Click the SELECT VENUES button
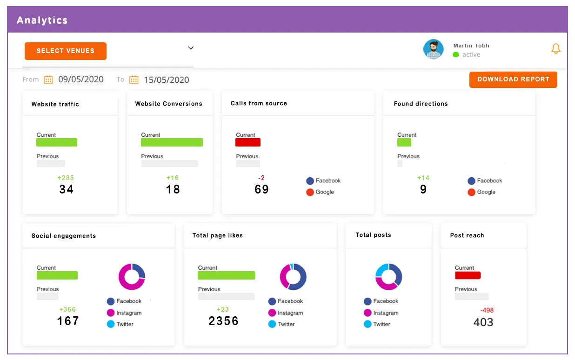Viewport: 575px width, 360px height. tap(65, 51)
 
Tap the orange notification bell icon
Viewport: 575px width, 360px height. tap(555, 48)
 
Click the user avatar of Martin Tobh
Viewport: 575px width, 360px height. tap(433, 49)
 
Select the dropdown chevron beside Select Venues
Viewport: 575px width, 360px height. tap(190, 48)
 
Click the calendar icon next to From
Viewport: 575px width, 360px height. tap(48, 80)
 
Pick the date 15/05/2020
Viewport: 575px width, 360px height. tap(166, 80)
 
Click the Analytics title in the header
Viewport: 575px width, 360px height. tap(42, 20)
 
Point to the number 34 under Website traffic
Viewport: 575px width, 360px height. tap(66, 189)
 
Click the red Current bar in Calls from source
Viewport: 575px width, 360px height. tap(248, 142)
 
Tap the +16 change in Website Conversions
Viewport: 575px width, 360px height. tap(172, 178)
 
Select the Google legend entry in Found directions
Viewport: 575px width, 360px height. tap(481, 192)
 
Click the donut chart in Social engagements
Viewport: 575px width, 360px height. tap(132, 277)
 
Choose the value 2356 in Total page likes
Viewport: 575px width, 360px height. tap(223, 321)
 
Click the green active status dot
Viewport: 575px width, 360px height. tap(456, 55)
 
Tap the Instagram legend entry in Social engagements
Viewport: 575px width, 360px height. tap(124, 313)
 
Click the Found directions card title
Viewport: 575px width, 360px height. tap(421, 104)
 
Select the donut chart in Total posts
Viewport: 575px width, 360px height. tap(388, 277)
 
